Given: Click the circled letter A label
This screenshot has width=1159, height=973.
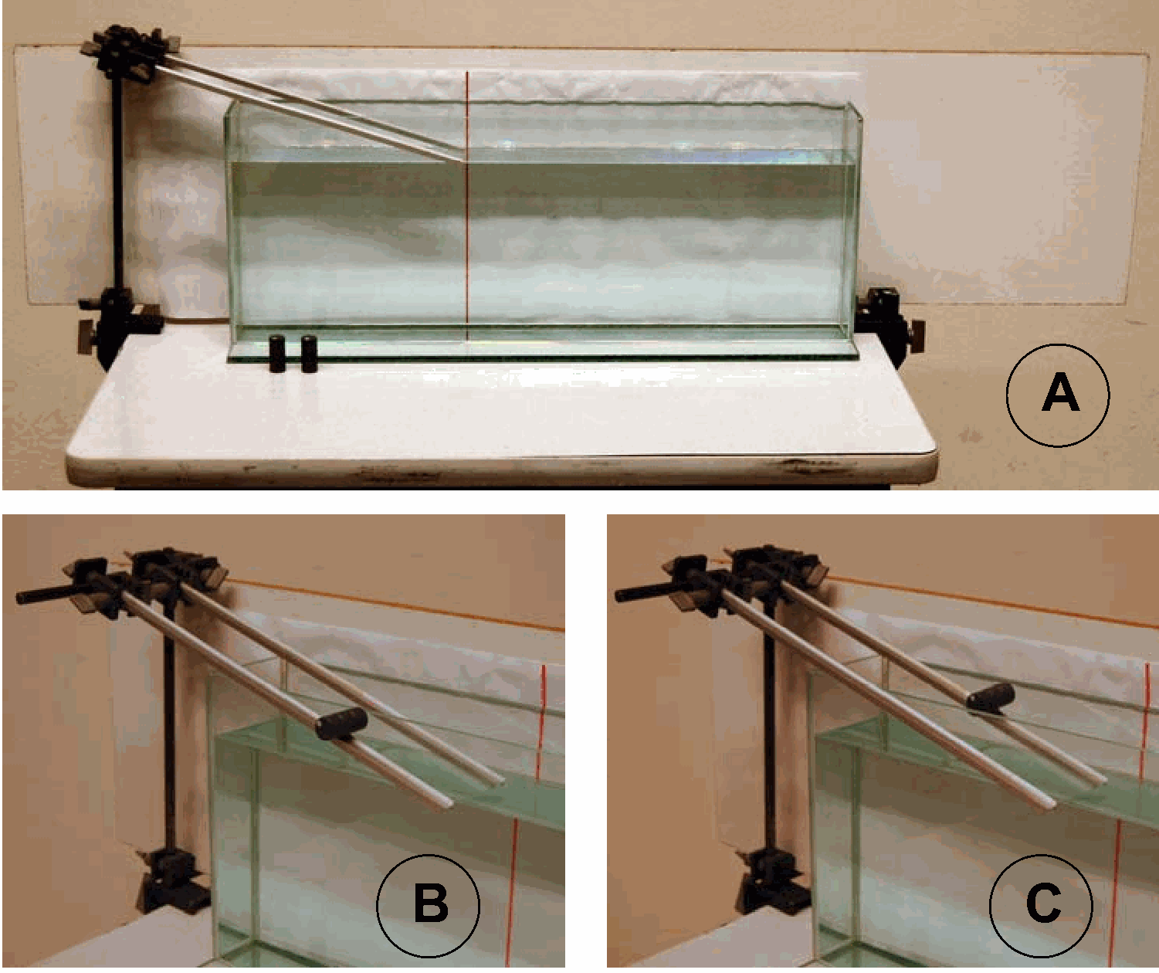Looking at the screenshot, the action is (x=1057, y=395).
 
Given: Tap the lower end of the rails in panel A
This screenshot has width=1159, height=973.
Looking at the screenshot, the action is (x=461, y=160).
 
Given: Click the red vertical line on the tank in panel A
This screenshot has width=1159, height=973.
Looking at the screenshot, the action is (x=467, y=205).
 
